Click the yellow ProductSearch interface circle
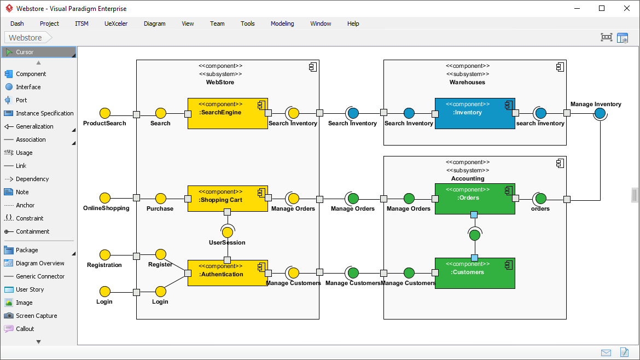104,113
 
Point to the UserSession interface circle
228,232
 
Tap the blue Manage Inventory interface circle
600,113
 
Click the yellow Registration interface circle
104,255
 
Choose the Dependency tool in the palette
32,179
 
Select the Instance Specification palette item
44,113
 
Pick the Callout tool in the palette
25,329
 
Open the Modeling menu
282,24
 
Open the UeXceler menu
116,24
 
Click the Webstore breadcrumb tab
26,38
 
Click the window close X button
626,8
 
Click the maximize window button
602,8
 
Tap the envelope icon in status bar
606,352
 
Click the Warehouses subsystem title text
467,82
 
